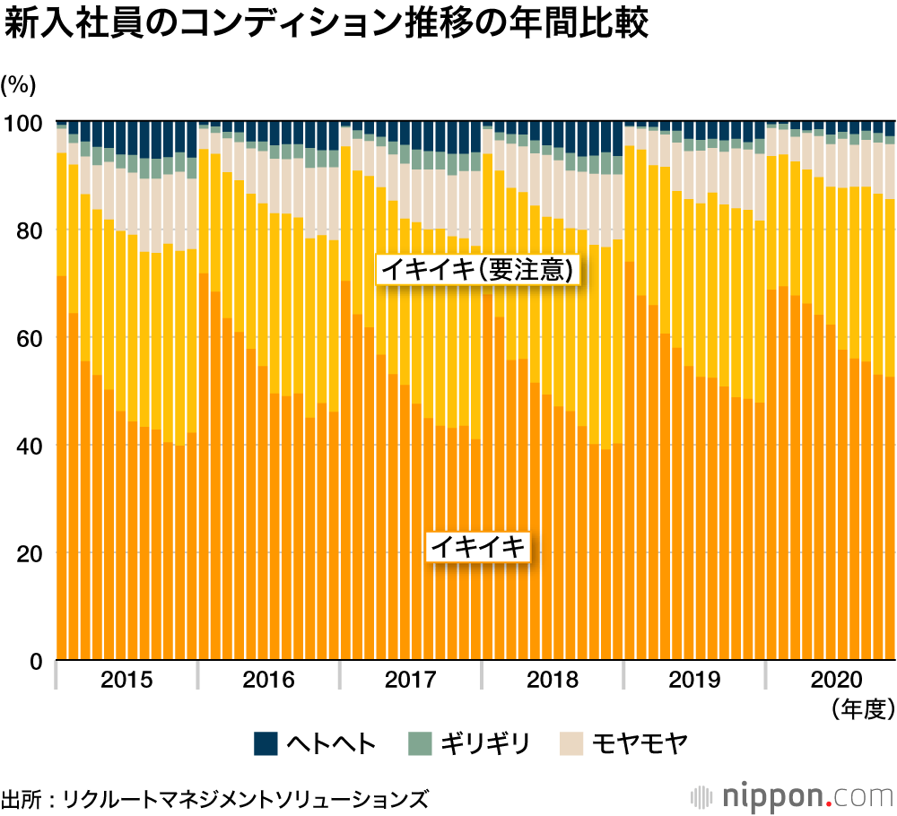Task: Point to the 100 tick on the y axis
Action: [x=26, y=123]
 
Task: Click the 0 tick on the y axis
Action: [x=37, y=662]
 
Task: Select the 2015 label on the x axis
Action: [x=126, y=680]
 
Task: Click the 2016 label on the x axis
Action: [x=268, y=680]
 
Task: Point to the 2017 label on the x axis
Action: [x=411, y=680]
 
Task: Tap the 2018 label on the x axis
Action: [x=553, y=680]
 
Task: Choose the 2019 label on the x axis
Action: [x=694, y=680]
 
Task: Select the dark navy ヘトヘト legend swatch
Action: [x=266, y=743]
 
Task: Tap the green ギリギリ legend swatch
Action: [x=419, y=743]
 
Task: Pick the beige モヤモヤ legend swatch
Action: [x=571, y=743]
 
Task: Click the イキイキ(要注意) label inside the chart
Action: [x=476, y=270]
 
